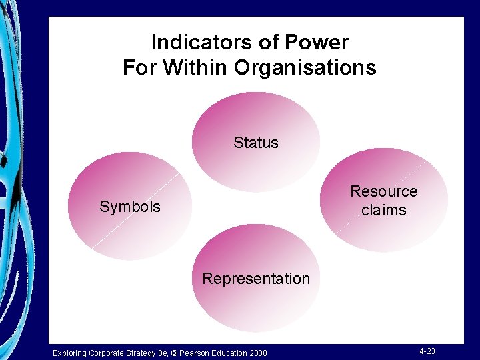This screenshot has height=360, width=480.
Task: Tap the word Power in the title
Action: click(x=317, y=43)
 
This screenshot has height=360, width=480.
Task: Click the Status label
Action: click(x=256, y=143)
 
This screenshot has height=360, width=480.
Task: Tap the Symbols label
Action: click(x=130, y=207)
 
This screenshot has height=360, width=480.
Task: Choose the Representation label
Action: click(x=256, y=279)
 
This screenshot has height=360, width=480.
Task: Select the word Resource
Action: click(x=384, y=192)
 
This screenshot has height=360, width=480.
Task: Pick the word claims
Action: click(x=384, y=211)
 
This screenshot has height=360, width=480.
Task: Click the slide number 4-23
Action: click(x=427, y=351)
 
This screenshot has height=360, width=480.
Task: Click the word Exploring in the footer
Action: click(x=70, y=353)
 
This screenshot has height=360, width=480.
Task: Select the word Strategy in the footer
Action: click(x=137, y=353)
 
